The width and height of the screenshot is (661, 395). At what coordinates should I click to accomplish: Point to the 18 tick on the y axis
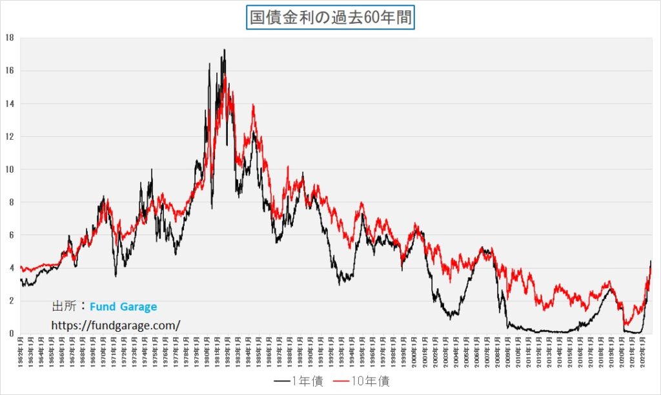click(x=9, y=37)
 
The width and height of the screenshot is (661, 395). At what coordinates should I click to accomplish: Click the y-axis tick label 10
click(x=9, y=169)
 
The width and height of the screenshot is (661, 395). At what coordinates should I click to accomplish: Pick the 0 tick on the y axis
click(x=11, y=334)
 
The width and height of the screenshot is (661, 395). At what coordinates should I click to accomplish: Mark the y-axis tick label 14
click(x=9, y=104)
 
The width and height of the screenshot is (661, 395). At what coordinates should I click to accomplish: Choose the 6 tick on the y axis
click(x=11, y=235)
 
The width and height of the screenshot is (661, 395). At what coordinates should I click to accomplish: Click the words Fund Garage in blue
click(x=123, y=307)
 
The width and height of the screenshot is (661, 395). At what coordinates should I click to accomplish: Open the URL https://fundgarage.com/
click(x=116, y=325)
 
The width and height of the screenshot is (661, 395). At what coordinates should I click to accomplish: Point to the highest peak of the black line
click(x=224, y=50)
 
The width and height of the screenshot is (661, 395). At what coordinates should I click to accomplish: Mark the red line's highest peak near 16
click(x=225, y=75)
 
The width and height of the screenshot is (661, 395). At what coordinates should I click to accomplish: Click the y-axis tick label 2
click(x=11, y=301)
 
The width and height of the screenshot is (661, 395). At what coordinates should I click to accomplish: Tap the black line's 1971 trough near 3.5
click(x=116, y=276)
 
